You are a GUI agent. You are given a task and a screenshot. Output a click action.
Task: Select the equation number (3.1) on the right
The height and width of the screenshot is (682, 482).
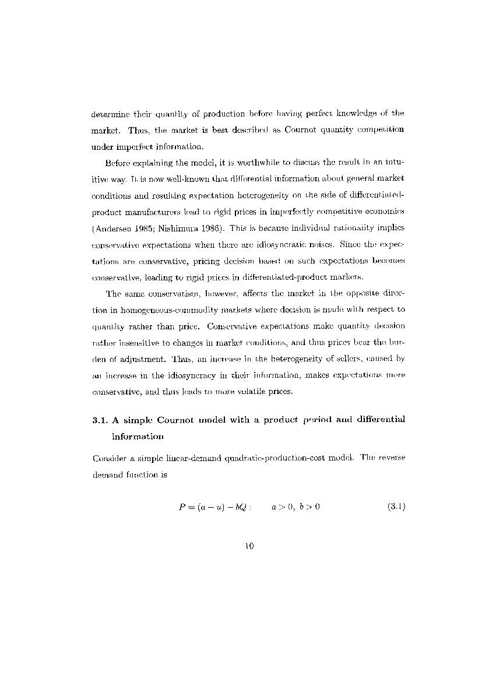click(x=396, y=507)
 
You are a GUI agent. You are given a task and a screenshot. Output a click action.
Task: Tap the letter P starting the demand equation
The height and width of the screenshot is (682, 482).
click(x=182, y=507)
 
